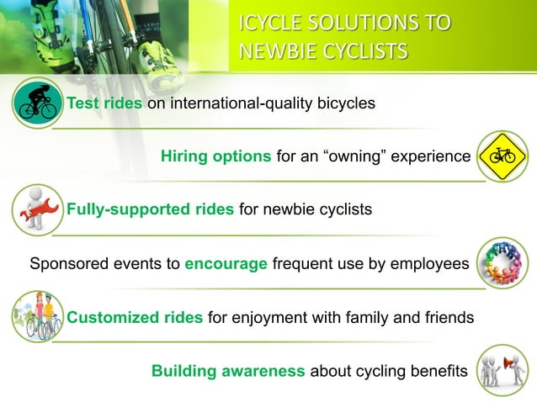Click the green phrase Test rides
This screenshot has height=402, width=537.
[105, 103]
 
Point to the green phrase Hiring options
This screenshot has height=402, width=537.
[215, 156]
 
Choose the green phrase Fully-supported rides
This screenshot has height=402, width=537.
[151, 209]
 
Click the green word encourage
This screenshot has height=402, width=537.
[226, 263]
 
